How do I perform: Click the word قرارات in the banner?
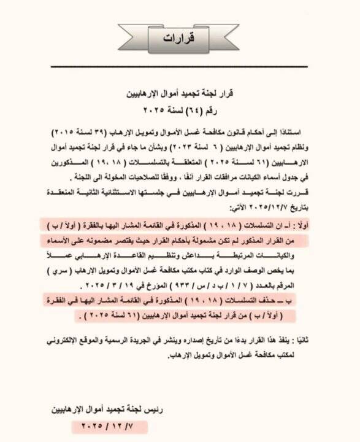tap(180, 38)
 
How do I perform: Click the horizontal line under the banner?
tap(180, 66)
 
